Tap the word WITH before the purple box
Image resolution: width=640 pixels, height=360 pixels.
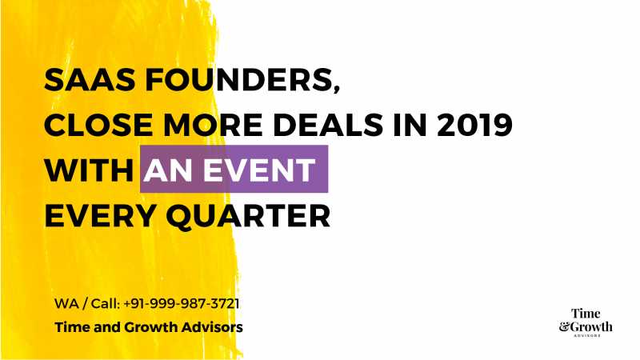87,170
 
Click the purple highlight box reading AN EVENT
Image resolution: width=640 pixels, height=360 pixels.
234,170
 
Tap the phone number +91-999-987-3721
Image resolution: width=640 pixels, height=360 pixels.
182,304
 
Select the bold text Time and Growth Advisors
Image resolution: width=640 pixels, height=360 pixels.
149,328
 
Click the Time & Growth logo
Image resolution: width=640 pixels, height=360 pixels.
586,322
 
